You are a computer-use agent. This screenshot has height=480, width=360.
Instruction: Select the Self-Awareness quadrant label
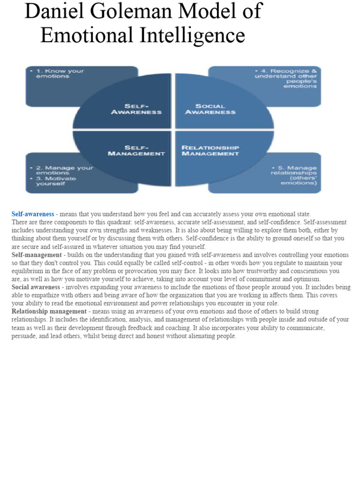coord(136,109)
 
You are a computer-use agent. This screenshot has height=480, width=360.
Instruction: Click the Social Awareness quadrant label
coord(211,109)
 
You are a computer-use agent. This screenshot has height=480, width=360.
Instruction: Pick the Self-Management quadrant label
coord(136,150)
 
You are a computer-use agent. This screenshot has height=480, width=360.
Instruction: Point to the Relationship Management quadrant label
coord(210,150)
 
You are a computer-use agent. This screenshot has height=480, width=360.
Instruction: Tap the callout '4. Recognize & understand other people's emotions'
coord(286,79)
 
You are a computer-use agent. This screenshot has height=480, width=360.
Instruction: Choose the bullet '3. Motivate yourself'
coord(55,181)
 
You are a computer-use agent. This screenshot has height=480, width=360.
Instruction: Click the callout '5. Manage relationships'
coord(294,175)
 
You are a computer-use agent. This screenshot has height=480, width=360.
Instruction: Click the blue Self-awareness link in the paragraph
coord(33,214)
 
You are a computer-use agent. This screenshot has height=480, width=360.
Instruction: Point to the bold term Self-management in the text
coord(37,255)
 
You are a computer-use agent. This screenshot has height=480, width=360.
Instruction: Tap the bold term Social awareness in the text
coord(36,287)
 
